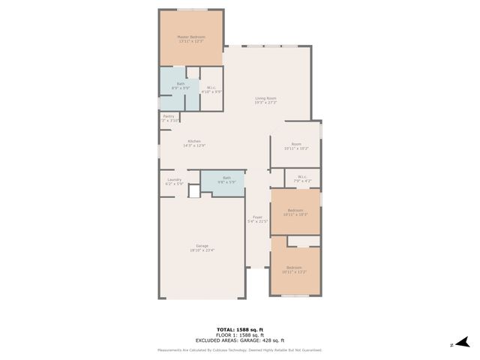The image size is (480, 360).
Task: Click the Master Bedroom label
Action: (190, 39)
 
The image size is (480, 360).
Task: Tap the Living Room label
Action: (265, 100)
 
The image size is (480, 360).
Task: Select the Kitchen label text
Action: (193, 143)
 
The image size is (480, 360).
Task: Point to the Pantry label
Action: (169, 118)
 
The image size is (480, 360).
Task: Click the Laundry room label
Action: (174, 181)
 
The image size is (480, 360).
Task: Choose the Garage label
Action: (202, 247)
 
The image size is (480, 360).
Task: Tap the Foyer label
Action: (257, 220)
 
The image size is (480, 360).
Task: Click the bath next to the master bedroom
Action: (180, 85)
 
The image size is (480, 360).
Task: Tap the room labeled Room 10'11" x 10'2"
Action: (296, 147)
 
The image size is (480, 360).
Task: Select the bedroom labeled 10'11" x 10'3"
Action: (295, 212)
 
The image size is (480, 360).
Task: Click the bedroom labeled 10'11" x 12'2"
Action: (295, 270)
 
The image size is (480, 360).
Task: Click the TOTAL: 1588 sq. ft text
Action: (239, 329)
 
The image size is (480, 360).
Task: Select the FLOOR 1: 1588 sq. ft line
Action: (239, 334)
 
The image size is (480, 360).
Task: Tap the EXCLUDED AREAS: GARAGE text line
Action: (239, 340)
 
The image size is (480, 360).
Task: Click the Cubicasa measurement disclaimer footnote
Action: (239, 350)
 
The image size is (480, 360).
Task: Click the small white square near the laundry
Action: (193, 191)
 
